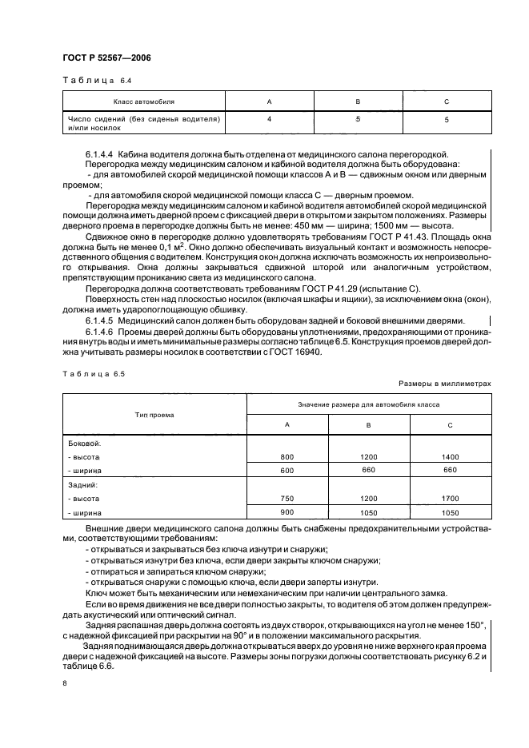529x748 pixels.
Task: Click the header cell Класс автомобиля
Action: point(143,102)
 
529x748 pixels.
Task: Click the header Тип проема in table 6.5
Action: point(155,415)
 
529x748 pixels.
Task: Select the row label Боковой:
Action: point(85,442)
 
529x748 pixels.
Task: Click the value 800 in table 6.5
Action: point(287,456)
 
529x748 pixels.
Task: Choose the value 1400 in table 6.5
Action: point(451,456)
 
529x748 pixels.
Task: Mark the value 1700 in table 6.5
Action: point(451,499)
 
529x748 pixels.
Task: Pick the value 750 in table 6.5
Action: point(287,499)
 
